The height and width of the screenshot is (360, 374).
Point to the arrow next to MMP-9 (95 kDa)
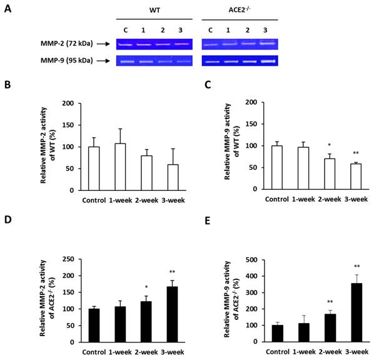click(x=98, y=61)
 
